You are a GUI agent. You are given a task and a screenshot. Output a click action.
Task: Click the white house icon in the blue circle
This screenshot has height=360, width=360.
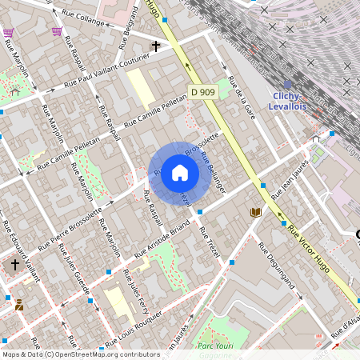(180, 173)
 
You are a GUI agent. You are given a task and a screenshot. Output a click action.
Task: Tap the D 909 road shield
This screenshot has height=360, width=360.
(202, 92)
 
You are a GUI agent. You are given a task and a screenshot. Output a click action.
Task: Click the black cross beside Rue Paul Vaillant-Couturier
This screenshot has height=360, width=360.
(156, 46)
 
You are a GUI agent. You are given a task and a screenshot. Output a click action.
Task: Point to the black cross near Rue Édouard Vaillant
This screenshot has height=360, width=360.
(14, 265)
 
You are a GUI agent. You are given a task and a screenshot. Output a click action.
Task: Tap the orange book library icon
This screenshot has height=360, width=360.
(256, 212)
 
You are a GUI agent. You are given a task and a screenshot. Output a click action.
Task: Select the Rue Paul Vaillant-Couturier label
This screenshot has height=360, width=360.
(108, 74)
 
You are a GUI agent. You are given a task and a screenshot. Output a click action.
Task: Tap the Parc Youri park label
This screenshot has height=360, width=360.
(214, 346)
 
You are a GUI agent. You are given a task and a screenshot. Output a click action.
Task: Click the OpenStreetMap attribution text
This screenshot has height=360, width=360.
(81, 354)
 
